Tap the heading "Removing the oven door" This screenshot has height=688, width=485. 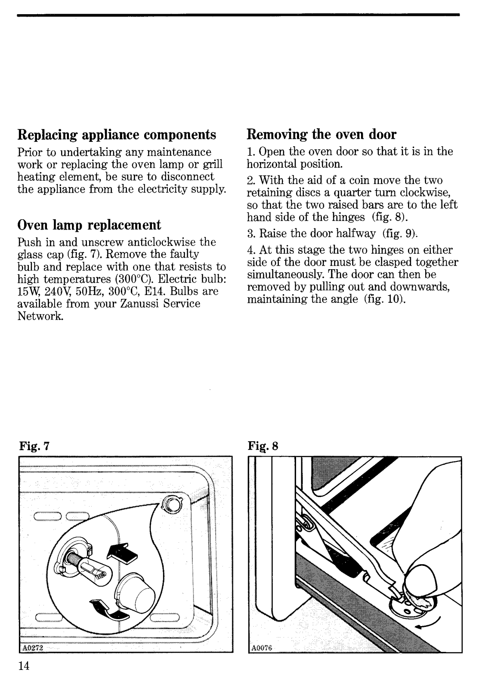(321, 135)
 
